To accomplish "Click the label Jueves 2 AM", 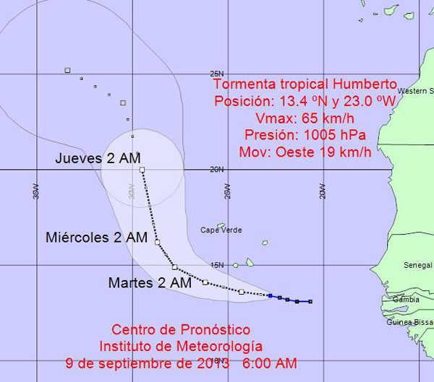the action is tap(98, 158).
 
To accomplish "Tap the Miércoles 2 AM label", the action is tap(97, 237).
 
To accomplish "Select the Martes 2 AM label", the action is tap(150, 283).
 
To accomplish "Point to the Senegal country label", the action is tap(418, 266).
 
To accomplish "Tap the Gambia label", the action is tap(405, 299).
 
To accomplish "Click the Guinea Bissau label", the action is tap(409, 323).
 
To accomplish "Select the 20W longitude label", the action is tap(323, 191).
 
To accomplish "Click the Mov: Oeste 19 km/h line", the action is tap(305, 152).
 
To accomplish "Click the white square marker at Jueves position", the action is tap(142, 170).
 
